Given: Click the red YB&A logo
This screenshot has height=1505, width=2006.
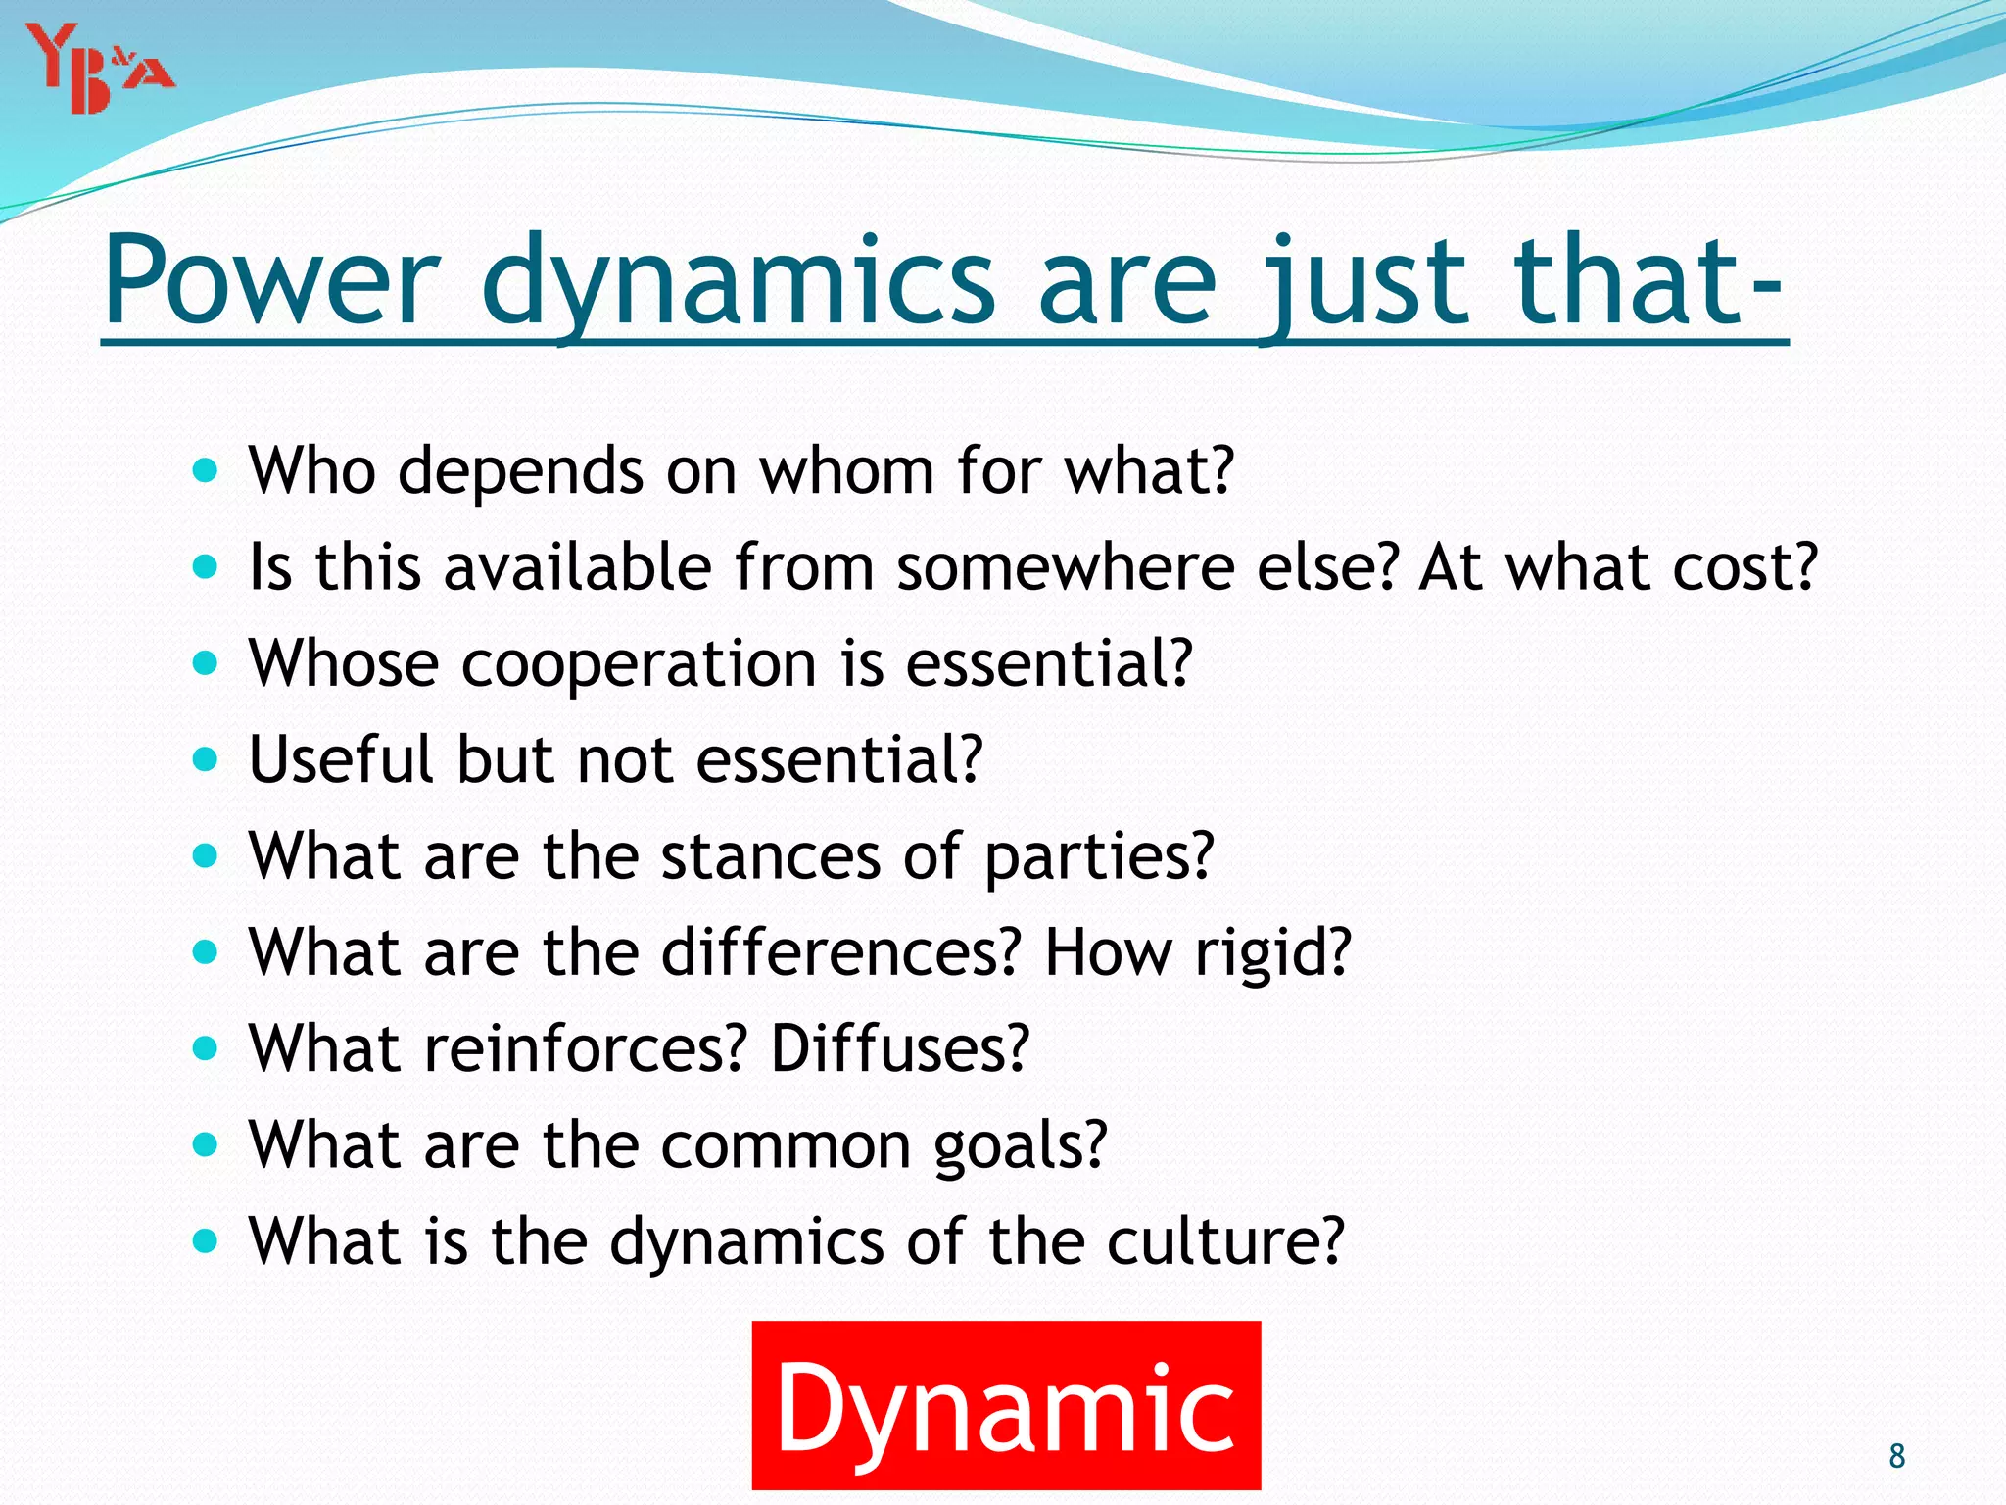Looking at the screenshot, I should point(98,69).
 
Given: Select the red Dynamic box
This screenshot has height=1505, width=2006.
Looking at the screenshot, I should point(1006,1405).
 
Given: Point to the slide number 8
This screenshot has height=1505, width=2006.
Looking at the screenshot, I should point(1896,1456).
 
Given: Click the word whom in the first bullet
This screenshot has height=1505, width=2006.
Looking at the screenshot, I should point(847,471).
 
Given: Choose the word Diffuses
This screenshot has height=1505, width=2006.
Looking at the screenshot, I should point(899,1048).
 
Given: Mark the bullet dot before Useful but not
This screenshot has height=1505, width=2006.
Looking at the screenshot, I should point(205,759).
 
